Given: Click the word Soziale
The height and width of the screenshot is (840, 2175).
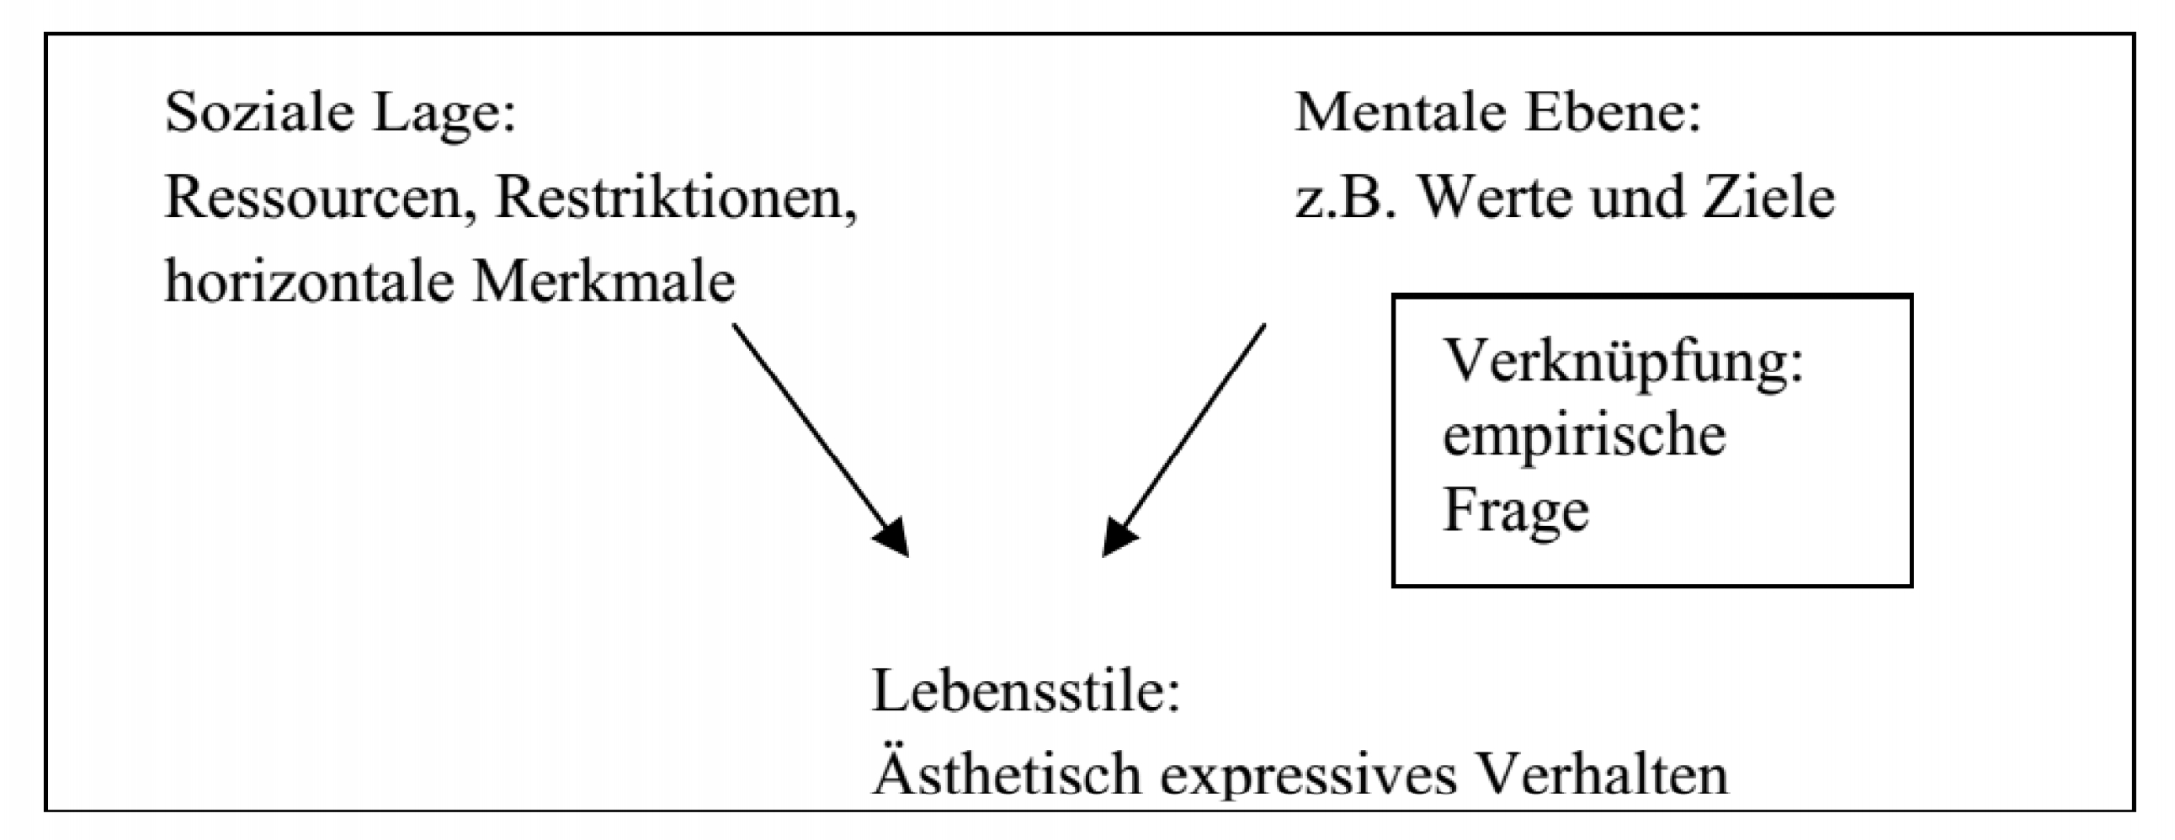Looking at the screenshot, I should pos(258,112).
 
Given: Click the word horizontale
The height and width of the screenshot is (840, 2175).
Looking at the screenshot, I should pos(309,282).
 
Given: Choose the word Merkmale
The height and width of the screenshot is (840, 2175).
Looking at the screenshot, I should pos(603,282).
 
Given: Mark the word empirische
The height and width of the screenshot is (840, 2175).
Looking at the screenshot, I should pos(1584,438).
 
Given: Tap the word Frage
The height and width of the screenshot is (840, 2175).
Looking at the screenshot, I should pos(1516,512).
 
